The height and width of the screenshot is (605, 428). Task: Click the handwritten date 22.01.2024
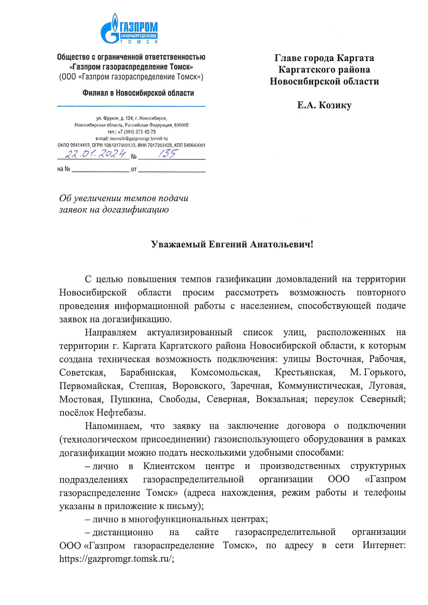pyautogui.click(x=96, y=154)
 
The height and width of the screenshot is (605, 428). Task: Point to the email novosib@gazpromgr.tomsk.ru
pyautogui.click(x=139, y=139)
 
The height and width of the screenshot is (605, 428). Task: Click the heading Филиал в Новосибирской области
pyautogui.click(x=138, y=93)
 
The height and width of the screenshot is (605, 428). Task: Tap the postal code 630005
pyautogui.click(x=181, y=125)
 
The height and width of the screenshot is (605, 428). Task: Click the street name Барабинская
pyautogui.click(x=148, y=372)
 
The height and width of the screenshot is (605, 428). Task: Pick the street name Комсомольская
pyautogui.click(x=226, y=372)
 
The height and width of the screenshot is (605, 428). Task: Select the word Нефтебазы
pyautogui.click(x=121, y=412)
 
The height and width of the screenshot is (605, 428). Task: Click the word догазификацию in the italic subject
pyautogui.click(x=136, y=210)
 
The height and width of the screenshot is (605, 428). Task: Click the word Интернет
pyautogui.click(x=384, y=545)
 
